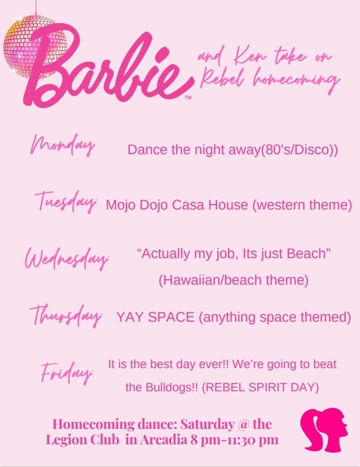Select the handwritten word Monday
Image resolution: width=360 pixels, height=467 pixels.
tap(62, 145)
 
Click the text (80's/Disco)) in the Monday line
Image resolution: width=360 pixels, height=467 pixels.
tap(300, 150)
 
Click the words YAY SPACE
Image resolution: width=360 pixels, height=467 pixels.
tap(155, 317)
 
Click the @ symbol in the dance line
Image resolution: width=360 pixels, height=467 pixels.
tap(243, 424)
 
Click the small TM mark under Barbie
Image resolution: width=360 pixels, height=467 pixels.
tap(188, 97)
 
